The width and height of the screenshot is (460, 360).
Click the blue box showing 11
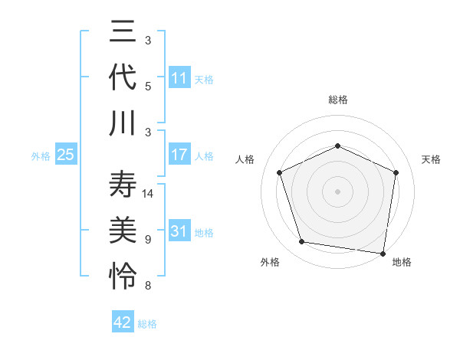tap(179, 78)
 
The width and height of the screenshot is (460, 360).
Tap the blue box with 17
tap(179, 155)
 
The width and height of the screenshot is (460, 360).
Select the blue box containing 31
tap(179, 231)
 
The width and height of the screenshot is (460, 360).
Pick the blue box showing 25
tap(66, 155)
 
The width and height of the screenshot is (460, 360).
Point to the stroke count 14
tap(149, 194)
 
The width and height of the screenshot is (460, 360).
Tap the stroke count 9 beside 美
tap(148, 240)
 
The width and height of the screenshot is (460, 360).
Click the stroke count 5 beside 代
tap(148, 86)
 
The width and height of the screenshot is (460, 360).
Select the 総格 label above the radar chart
tap(337, 100)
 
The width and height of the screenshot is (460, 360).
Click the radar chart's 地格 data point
tap(383, 253)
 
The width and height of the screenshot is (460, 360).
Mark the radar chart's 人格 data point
tap(280, 172)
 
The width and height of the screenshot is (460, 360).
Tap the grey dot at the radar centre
tap(337, 191)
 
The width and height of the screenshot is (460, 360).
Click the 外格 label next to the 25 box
tap(41, 155)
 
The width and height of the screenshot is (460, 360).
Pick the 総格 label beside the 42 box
tap(147, 324)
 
